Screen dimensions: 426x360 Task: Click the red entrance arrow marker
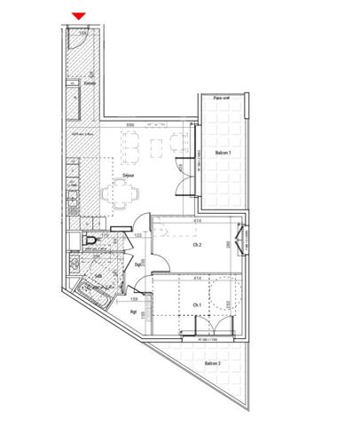tap(79, 15)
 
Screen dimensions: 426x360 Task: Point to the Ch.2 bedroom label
tap(197, 244)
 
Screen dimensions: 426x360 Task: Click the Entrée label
tap(90, 84)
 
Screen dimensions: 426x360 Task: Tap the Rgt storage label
tap(133, 312)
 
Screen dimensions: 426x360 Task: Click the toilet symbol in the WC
tap(87, 241)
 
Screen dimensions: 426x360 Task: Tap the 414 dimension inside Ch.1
tap(198, 279)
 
